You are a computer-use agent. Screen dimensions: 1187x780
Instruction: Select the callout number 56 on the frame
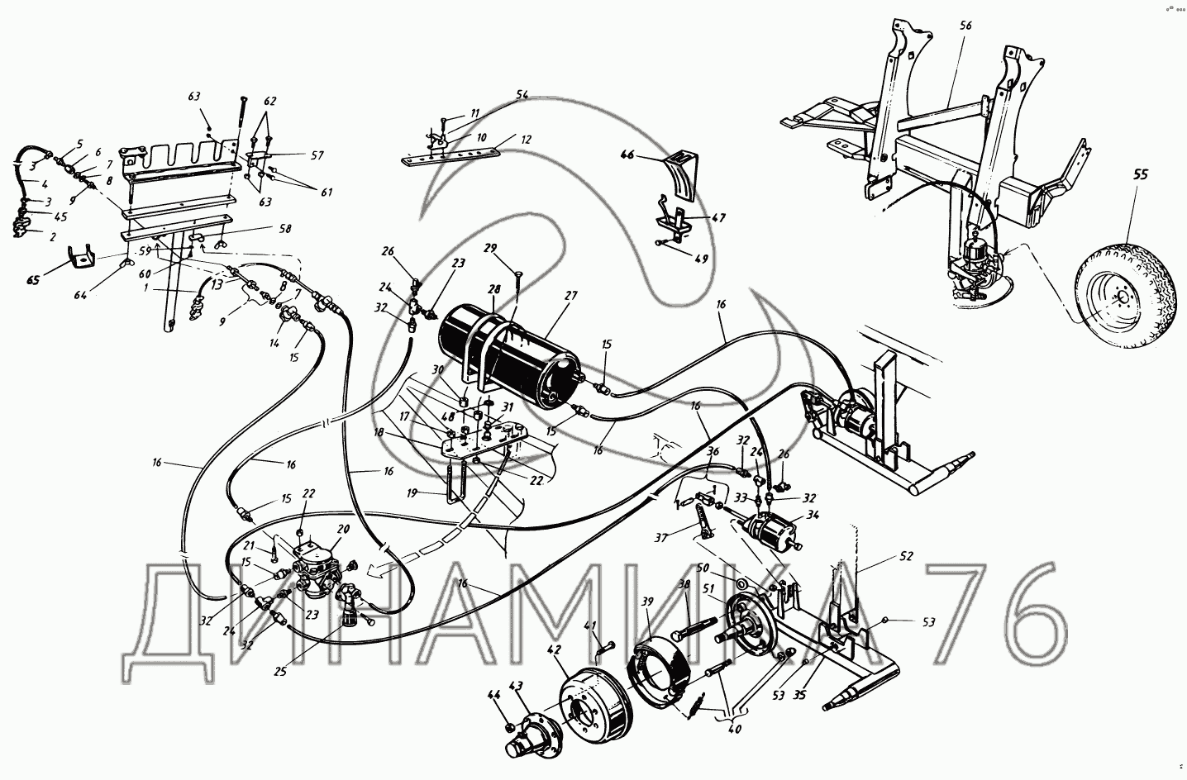[x=965, y=26]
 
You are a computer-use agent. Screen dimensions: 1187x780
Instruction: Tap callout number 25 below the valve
[x=281, y=672]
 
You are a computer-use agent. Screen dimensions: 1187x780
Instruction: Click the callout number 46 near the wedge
[x=627, y=155]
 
